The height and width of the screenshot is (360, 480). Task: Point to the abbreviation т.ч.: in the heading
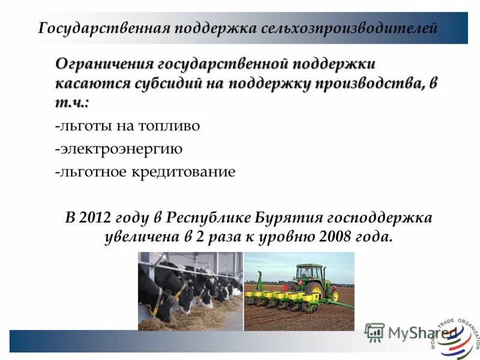click(x=72, y=103)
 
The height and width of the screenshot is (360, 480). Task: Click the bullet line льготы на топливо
click(x=127, y=127)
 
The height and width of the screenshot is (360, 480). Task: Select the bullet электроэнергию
click(x=118, y=149)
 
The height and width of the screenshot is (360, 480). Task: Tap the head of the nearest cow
click(x=181, y=294)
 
